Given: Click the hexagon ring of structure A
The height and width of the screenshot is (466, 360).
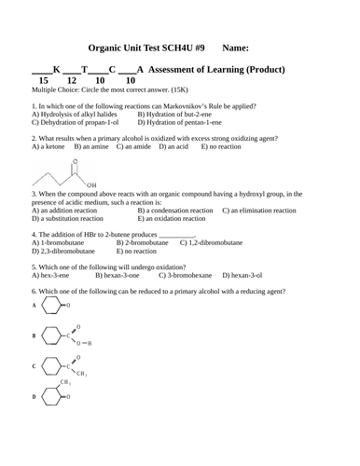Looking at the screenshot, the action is tap(51, 305).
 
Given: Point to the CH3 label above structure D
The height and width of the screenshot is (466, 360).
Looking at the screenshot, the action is tap(65, 382).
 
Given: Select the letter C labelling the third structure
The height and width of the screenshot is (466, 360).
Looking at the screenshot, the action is tap(34, 366).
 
